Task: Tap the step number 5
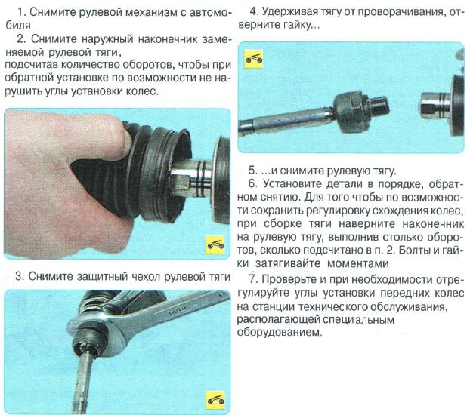coord(252,169)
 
